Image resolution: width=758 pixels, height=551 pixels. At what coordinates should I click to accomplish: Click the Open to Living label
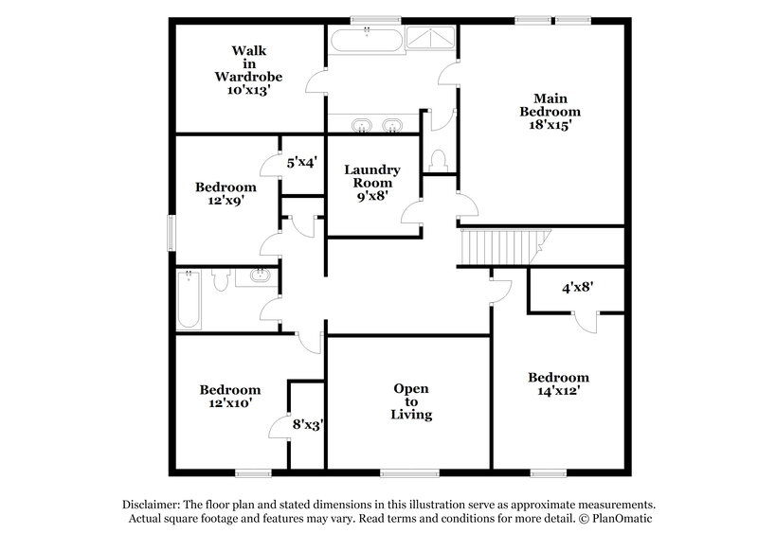(x=411, y=401)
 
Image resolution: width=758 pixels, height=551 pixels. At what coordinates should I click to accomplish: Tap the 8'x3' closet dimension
(x=308, y=425)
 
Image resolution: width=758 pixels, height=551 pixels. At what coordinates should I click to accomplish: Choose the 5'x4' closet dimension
(x=301, y=162)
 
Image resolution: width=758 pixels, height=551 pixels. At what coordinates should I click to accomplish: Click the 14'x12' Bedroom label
(x=558, y=383)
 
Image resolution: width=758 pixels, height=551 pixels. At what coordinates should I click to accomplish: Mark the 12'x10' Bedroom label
(x=229, y=397)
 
